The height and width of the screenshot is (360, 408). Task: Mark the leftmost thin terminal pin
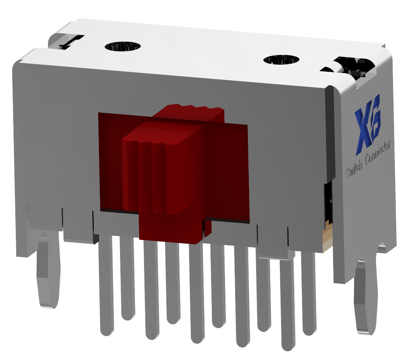click(x=105, y=284)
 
